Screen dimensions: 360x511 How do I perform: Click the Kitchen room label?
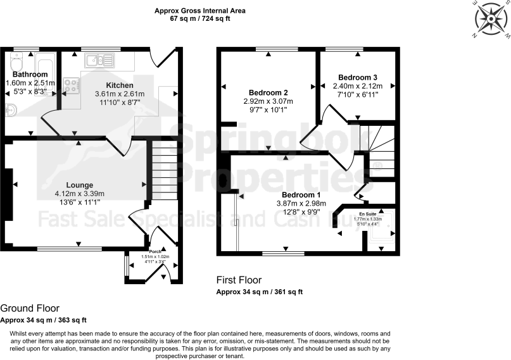click(x=120, y=85)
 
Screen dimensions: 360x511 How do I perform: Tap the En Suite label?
click(x=368, y=214)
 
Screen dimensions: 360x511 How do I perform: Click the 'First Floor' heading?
click(x=239, y=280)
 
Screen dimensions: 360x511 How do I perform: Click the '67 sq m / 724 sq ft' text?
click(x=200, y=19)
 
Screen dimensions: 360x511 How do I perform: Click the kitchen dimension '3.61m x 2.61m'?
click(x=120, y=94)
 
